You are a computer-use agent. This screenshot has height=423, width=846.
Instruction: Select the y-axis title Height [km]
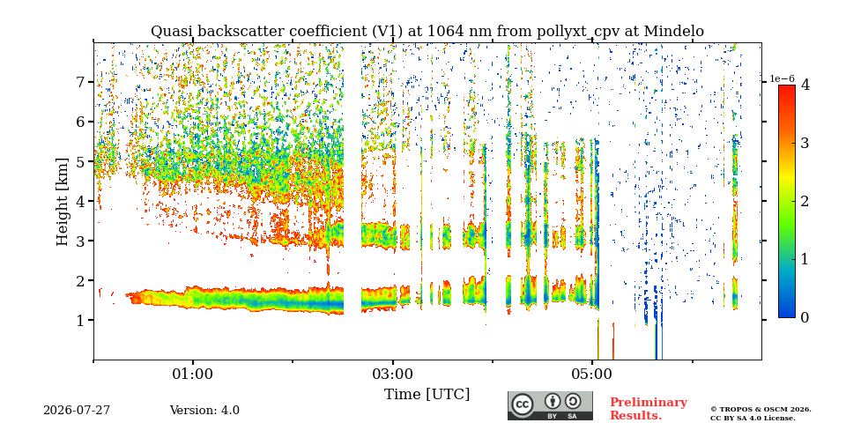[x=63, y=202]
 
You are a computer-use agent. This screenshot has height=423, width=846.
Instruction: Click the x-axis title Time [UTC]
[x=427, y=394]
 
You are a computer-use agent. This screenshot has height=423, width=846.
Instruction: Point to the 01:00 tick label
[x=193, y=374]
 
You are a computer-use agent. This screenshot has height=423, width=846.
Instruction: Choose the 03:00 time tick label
[x=393, y=374]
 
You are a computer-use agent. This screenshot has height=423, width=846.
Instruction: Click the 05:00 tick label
[x=593, y=374]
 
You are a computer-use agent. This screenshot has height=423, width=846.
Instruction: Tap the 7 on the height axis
[x=83, y=82]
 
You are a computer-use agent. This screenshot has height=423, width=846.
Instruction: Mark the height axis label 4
[x=83, y=201]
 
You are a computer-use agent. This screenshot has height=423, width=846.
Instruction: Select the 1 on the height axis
[x=83, y=321]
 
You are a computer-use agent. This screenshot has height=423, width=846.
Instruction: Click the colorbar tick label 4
[x=805, y=85]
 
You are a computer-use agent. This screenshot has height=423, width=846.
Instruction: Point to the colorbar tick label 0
[x=805, y=318]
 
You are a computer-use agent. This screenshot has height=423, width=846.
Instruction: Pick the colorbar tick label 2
[x=805, y=201]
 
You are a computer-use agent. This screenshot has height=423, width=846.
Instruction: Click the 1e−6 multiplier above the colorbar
[x=782, y=78]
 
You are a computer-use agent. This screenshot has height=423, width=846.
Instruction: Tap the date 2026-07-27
[x=77, y=411]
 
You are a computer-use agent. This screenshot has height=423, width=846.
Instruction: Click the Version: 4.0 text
[x=204, y=411]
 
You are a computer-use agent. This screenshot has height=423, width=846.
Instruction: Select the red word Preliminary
[x=649, y=403]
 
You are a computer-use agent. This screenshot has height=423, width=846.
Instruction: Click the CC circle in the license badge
[x=522, y=404]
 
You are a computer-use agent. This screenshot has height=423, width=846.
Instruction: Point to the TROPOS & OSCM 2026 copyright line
[x=761, y=410]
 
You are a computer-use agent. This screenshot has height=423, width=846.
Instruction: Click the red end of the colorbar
[x=787, y=88]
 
